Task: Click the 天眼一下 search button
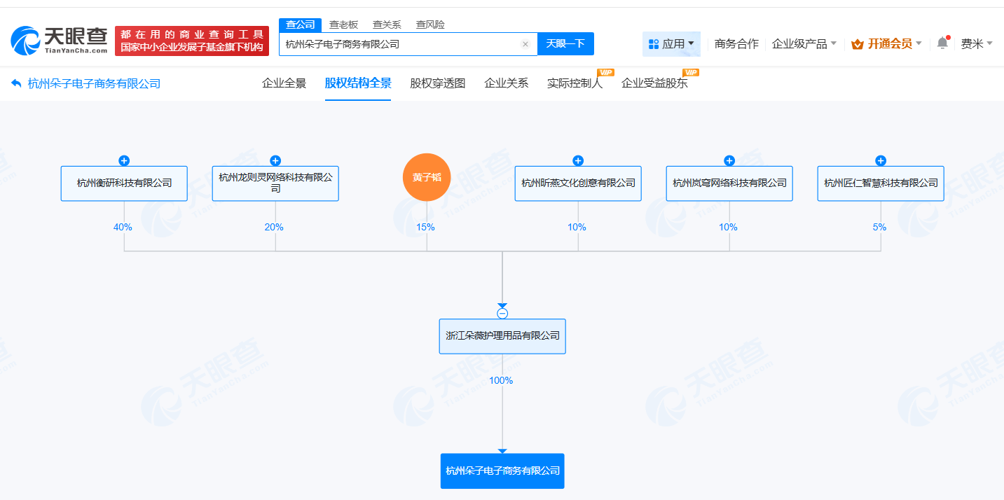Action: pos(565,43)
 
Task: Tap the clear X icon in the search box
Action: pos(525,44)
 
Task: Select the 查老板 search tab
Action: pos(343,25)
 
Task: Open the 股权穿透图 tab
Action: pos(438,83)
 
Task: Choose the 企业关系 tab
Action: pos(506,83)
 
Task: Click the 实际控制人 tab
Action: pos(575,83)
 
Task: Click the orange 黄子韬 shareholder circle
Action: pos(427,177)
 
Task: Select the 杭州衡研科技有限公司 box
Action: pos(124,183)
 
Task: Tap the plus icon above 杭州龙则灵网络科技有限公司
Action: pos(275,160)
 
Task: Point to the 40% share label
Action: pos(123,227)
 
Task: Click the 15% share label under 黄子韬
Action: pos(425,227)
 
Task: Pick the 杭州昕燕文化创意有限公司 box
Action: pos(578,183)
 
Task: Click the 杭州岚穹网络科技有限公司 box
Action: pos(729,183)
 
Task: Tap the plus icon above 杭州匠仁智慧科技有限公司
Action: pos(881,160)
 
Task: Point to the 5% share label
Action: pos(879,227)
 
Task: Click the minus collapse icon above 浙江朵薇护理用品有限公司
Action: pos(502,314)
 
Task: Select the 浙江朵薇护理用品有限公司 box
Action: pos(502,336)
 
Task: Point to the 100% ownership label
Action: pos(501,380)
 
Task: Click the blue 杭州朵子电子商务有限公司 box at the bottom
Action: pos(502,471)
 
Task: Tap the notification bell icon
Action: pos(942,43)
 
